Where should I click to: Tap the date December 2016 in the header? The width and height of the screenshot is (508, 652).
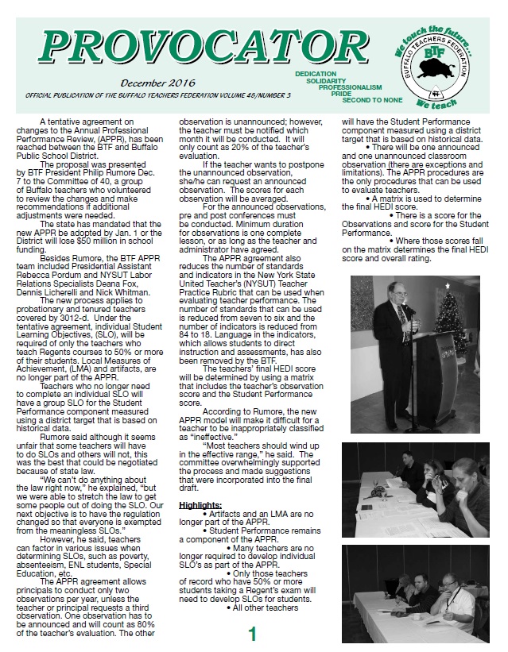(157, 83)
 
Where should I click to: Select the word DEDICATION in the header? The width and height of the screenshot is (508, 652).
(316, 73)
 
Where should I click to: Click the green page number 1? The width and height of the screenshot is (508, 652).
(253, 635)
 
